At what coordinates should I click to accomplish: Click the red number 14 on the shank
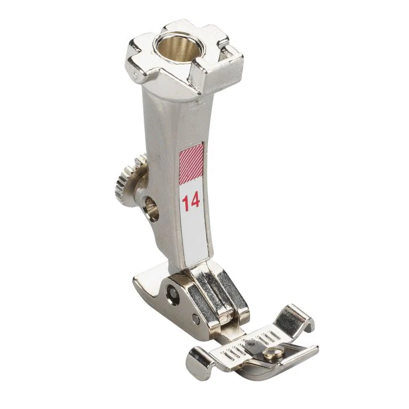(190, 202)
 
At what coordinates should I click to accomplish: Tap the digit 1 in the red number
(184, 202)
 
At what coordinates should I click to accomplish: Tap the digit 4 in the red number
(195, 202)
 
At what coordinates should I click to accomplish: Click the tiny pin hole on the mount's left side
(135, 75)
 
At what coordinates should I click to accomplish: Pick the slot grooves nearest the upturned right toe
(268, 336)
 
